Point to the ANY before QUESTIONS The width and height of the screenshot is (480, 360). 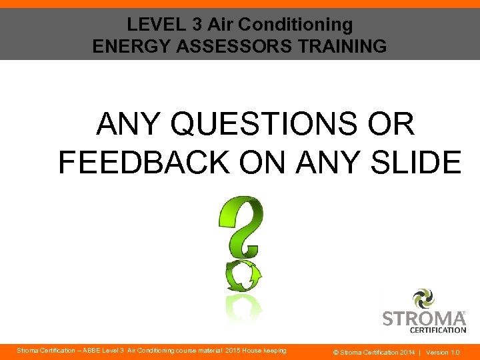point(132,125)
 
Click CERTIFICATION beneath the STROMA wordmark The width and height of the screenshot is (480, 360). point(438,330)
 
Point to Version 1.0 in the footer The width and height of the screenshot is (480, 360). point(443,351)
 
